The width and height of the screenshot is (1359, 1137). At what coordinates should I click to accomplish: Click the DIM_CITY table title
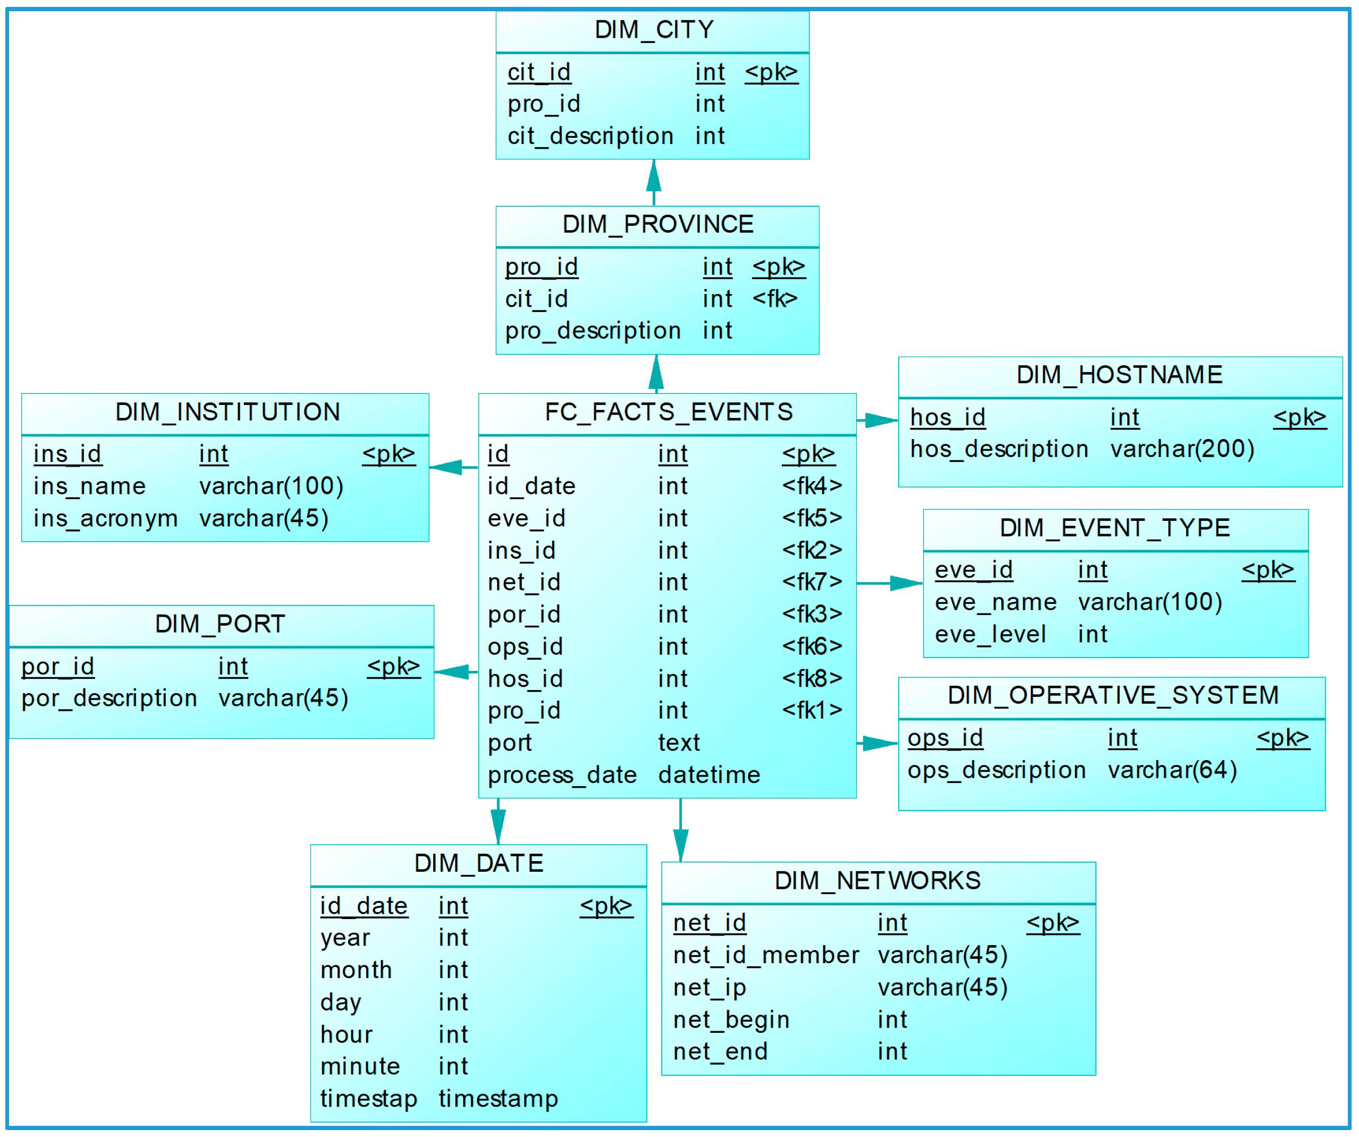(x=654, y=30)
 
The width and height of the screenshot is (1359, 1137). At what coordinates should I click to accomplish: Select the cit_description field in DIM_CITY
(x=590, y=137)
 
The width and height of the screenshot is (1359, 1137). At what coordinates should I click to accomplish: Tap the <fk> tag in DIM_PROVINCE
(x=774, y=299)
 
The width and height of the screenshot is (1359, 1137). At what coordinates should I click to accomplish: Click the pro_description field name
(x=592, y=331)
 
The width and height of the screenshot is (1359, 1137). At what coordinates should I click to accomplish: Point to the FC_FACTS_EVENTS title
(x=669, y=412)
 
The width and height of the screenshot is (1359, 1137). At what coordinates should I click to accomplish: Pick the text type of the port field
(x=679, y=743)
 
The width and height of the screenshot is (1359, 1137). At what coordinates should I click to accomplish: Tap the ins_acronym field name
(x=105, y=519)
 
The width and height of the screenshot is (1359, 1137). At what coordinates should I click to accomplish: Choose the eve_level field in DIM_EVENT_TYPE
(x=990, y=635)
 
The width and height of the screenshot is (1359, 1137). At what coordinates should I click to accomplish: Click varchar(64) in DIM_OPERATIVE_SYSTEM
(x=1172, y=771)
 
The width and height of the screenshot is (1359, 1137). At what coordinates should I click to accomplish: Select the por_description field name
(x=109, y=699)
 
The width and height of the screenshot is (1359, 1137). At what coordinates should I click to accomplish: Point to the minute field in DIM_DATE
(x=360, y=1066)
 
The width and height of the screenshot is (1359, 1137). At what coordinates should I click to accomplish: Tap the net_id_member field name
(x=765, y=956)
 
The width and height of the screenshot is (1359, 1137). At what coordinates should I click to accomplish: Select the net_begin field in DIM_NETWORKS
(x=731, y=1021)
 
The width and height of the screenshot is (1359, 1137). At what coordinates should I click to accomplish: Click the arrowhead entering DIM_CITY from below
(x=654, y=175)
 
